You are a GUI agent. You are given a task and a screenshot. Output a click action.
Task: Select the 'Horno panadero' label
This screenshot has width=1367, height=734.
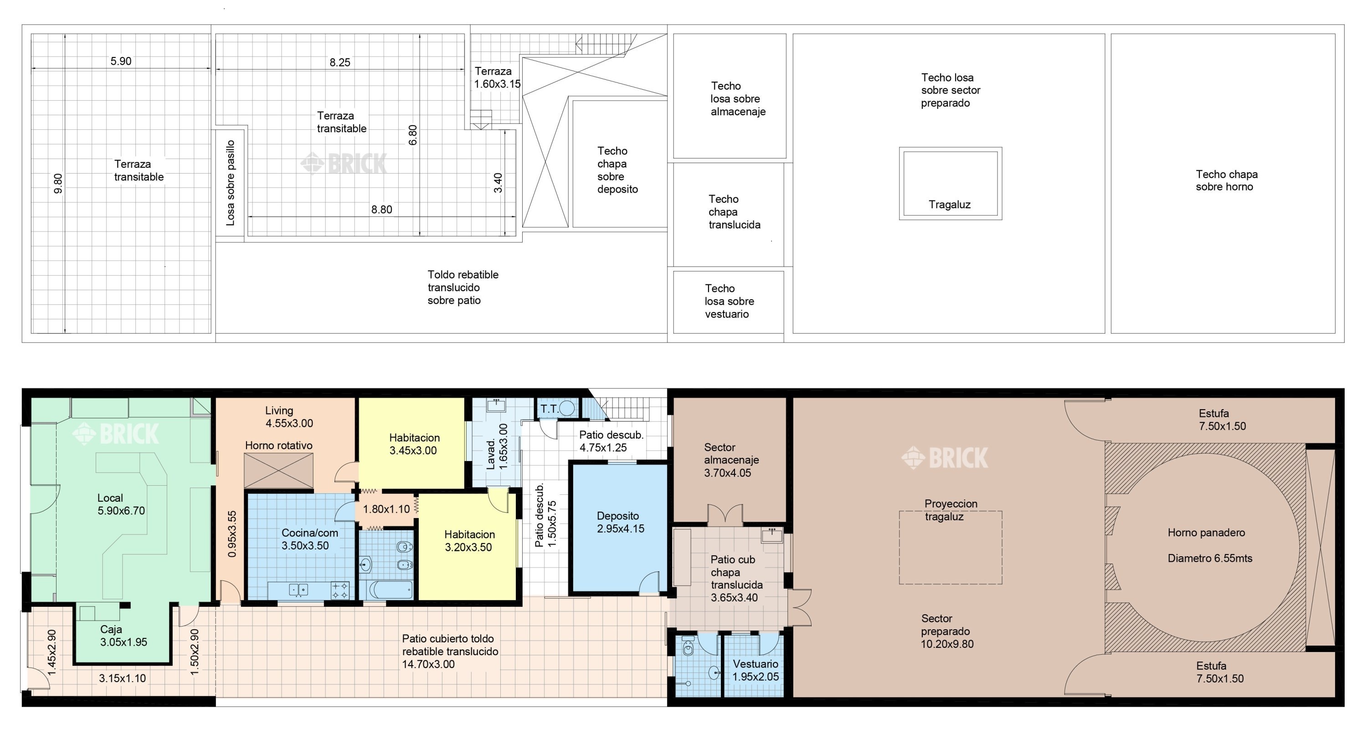point(1206,532)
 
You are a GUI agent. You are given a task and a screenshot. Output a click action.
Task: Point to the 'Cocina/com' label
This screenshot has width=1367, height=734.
point(309,533)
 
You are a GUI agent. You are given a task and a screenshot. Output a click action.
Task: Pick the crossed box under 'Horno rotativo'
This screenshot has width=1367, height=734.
point(278,471)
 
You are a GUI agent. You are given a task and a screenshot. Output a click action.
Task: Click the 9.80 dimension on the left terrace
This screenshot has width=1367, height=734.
point(58,183)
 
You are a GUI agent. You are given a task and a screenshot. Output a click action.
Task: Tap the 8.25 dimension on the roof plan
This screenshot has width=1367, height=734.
point(339,62)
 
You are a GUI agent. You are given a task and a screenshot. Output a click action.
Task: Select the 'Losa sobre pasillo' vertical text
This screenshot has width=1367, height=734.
point(230,183)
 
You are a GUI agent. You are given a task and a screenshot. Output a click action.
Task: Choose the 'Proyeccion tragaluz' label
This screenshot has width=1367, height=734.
point(951,510)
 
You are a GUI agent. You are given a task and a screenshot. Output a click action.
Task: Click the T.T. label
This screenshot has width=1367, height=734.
point(549,409)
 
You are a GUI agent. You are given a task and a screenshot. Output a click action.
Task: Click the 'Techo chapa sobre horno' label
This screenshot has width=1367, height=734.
point(1226,180)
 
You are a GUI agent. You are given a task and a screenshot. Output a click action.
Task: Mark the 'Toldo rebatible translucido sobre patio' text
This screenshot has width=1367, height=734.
point(463,287)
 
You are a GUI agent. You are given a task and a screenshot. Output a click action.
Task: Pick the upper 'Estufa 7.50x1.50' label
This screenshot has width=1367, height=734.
point(1222,419)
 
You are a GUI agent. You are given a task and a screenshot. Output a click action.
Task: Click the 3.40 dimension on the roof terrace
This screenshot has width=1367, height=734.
point(498,183)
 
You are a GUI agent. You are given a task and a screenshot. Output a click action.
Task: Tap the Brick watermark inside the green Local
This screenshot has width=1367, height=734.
point(115,434)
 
